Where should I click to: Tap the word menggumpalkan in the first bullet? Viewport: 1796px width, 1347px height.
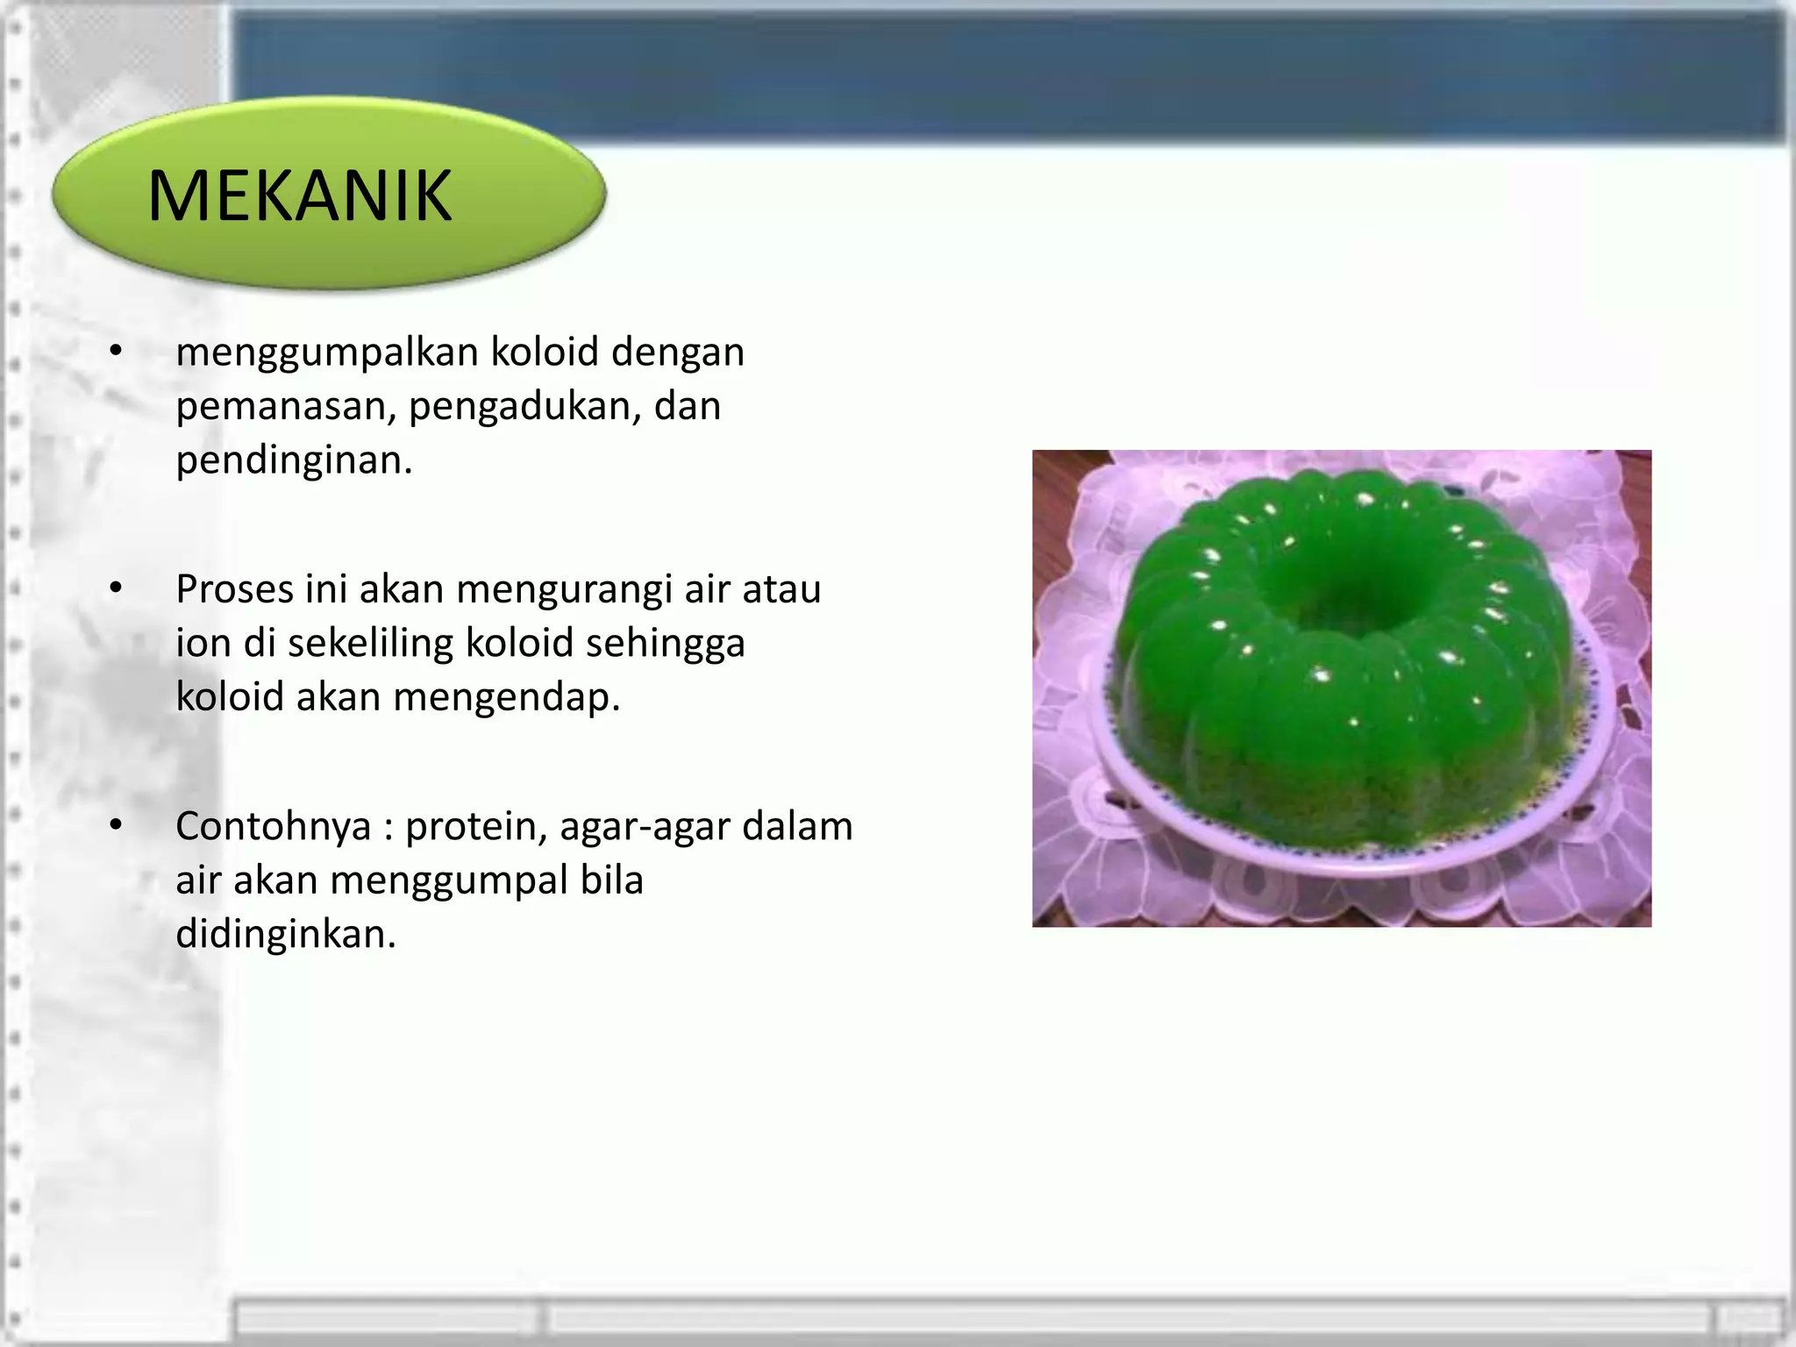(327, 353)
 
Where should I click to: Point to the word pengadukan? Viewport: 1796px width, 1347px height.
(524, 407)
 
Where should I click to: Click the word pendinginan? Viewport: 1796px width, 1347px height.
(293, 460)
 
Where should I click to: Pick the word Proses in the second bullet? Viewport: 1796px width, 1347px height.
(234, 589)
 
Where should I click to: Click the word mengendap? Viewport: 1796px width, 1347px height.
(506, 698)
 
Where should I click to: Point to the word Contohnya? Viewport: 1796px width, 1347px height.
(273, 826)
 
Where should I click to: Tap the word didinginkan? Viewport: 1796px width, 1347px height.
(285, 934)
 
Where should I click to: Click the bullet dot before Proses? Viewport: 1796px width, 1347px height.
(116, 588)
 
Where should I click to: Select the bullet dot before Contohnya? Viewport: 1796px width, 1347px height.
(116, 825)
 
